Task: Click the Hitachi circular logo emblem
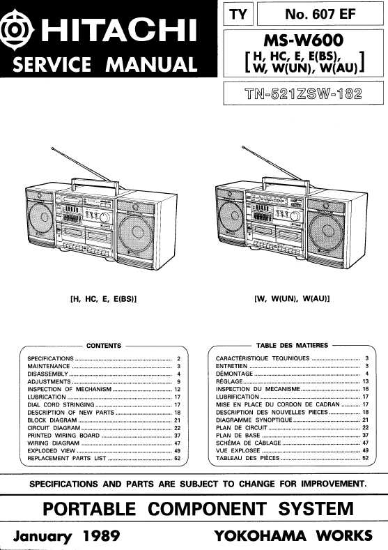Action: [x=17, y=30]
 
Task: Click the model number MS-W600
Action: [x=304, y=40]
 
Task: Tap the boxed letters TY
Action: [x=238, y=15]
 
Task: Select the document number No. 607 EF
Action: [x=320, y=14]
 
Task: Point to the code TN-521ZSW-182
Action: [x=304, y=93]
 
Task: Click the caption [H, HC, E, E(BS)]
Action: [x=104, y=299]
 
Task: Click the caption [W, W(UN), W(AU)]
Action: [x=292, y=299]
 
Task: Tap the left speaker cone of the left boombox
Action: [x=40, y=217]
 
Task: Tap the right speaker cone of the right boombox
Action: [x=327, y=231]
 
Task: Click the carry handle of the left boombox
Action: [x=95, y=183]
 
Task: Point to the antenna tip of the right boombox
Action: [x=243, y=147]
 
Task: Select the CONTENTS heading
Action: [x=103, y=346]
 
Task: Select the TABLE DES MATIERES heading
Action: [x=293, y=346]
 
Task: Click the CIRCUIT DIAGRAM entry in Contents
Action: [x=54, y=428]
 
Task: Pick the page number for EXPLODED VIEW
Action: [x=178, y=451]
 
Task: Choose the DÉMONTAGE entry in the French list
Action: [x=234, y=374]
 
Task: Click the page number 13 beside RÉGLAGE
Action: [x=366, y=381]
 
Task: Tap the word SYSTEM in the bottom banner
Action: [x=316, y=509]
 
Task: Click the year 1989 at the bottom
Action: [x=102, y=535]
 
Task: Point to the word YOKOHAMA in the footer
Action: [x=260, y=535]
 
